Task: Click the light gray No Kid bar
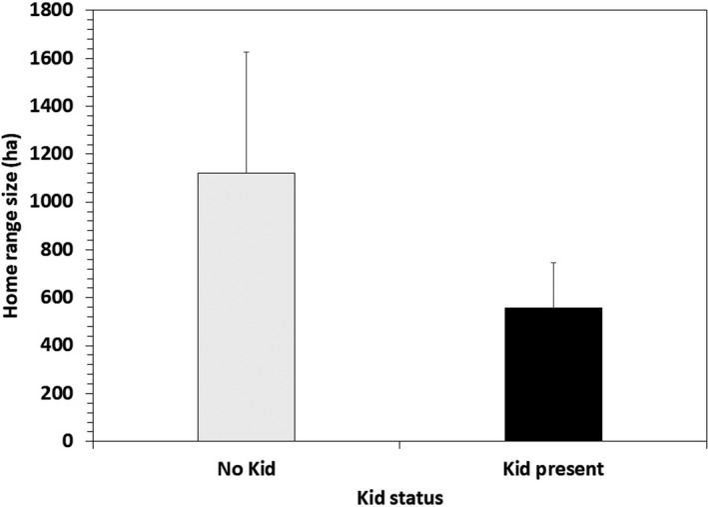246,306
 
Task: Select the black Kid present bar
552,373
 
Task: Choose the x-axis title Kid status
399,494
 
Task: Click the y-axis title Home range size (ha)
16,226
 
